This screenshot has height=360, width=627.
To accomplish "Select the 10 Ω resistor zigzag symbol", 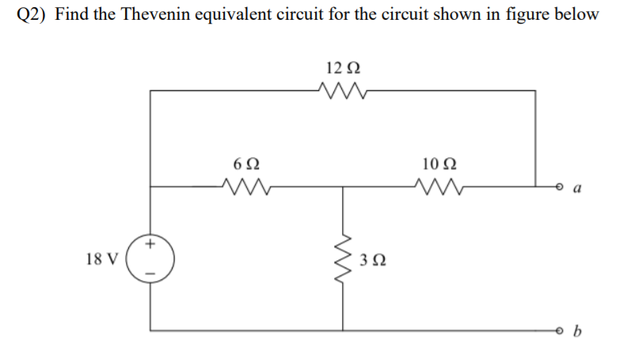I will pyautogui.click(x=436, y=188).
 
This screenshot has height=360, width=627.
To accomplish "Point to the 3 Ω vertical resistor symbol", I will pyautogui.click(x=343, y=259).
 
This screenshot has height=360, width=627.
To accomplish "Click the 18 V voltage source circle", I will pyautogui.click(x=150, y=259).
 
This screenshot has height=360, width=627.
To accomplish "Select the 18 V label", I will pyautogui.click(x=102, y=259).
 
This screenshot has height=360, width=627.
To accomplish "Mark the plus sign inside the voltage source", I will pyautogui.click(x=150, y=245).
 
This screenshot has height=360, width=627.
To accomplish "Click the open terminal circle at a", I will pyautogui.click(x=561, y=188).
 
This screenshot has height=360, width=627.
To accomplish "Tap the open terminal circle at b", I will pyautogui.click(x=561, y=330).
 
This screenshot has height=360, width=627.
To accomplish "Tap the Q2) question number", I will pyautogui.click(x=31, y=16).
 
